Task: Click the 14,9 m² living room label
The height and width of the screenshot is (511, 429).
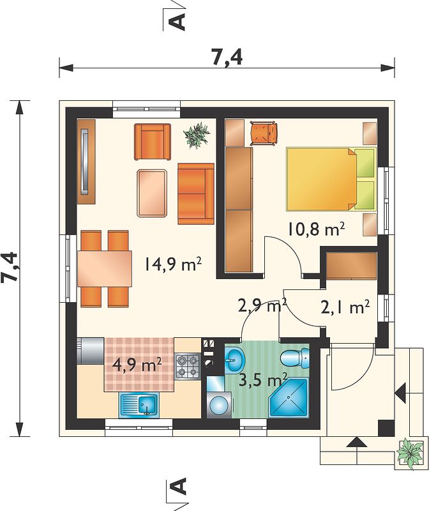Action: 172,264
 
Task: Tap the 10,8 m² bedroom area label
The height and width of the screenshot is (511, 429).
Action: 315,229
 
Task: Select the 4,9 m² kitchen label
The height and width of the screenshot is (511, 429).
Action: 137,365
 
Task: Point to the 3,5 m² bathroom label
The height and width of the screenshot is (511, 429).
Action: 262,379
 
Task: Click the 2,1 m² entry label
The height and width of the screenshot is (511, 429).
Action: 345,307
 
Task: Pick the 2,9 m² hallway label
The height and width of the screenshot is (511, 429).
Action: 262,306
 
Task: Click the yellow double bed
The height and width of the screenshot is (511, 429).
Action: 331,179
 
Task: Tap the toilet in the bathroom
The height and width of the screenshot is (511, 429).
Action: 295,358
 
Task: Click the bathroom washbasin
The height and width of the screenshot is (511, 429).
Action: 234,360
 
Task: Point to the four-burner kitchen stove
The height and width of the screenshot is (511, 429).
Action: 188,366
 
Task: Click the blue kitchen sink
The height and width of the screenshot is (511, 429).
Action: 140,405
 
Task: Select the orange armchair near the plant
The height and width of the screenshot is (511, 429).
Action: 153,142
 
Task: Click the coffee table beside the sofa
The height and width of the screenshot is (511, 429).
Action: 152,193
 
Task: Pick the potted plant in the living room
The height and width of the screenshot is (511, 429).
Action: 197,135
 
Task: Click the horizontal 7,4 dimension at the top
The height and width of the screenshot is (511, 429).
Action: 227,59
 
